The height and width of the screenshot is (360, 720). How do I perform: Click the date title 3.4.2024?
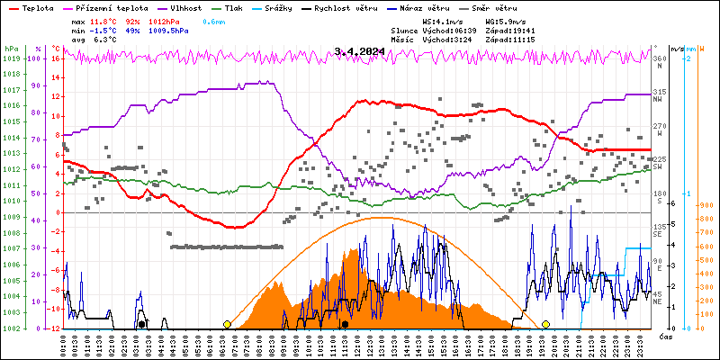click(360, 51)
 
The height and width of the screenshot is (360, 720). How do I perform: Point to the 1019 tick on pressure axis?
click(11, 58)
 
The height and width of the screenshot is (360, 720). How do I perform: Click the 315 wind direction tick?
click(658, 92)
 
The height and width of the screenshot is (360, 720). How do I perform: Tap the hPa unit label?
click(11, 49)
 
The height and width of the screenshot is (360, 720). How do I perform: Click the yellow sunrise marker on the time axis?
click(227, 324)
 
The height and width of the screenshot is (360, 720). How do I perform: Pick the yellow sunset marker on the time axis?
click(545, 324)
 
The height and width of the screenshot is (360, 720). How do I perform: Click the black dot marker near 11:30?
click(345, 324)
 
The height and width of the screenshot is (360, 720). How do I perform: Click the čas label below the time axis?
click(664, 337)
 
